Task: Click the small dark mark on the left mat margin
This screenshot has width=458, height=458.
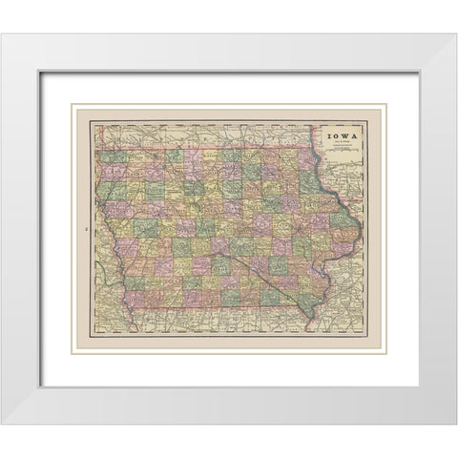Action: click(x=85, y=231)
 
